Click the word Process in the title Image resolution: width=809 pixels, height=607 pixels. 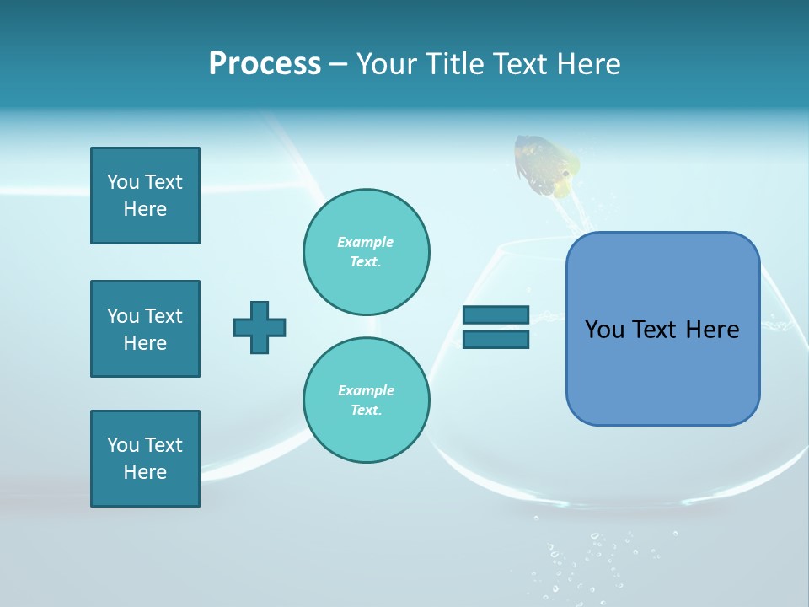tap(265, 64)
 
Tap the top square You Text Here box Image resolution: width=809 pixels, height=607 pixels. tap(145, 196)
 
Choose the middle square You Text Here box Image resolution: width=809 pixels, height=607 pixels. tap(145, 329)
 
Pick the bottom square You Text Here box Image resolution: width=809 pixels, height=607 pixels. tap(145, 459)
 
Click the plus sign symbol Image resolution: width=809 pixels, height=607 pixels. tap(260, 327)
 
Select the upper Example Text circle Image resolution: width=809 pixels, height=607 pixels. tap(367, 251)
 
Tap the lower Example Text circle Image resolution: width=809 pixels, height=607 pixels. tap(367, 400)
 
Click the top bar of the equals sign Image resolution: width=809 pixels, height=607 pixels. tap(496, 314)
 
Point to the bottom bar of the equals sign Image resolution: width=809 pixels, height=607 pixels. tap(496, 339)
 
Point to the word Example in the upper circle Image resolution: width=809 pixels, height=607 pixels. tap(366, 242)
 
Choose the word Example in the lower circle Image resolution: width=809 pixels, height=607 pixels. tap(366, 390)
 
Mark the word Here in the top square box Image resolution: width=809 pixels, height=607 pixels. tap(145, 209)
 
